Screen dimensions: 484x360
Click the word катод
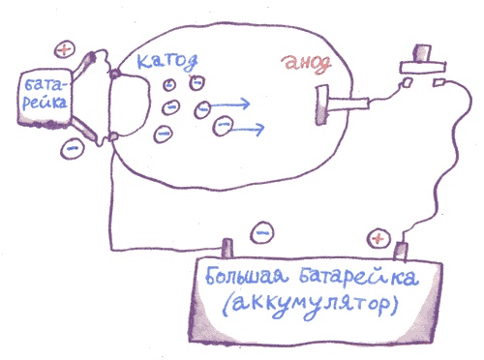point(168,61)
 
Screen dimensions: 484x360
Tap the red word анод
point(307,64)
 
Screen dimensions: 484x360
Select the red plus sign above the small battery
point(64,47)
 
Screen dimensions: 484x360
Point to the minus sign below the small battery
point(71,148)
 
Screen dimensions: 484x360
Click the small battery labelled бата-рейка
point(45,98)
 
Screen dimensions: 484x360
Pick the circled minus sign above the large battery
point(259,233)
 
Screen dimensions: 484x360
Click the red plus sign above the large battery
point(378,236)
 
